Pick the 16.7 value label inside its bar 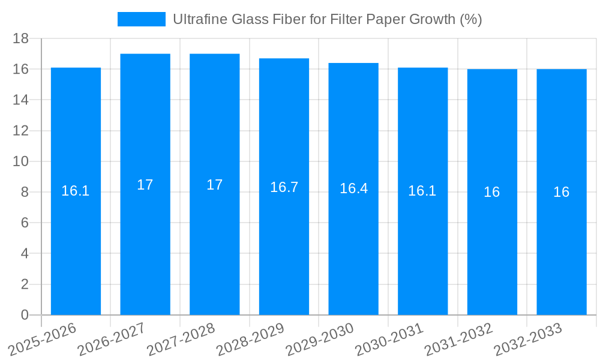pyautogui.click(x=284, y=187)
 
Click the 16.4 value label pyautogui.click(x=353, y=188)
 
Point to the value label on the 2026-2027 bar pyautogui.click(x=145, y=185)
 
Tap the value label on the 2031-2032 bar pyautogui.click(x=492, y=192)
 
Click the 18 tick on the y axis pyautogui.click(x=21, y=38)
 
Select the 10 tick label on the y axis pyautogui.click(x=21, y=161)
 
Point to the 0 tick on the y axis pyautogui.click(x=25, y=315)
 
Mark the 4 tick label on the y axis pyautogui.click(x=25, y=254)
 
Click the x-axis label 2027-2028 pyautogui.click(x=181, y=340)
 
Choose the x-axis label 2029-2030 pyautogui.click(x=319, y=340)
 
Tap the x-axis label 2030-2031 pyautogui.click(x=389, y=340)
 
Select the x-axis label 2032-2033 pyautogui.click(x=527, y=340)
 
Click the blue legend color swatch pyautogui.click(x=141, y=19)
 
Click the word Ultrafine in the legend pyautogui.click(x=195, y=19)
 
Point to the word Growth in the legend pyautogui.click(x=432, y=19)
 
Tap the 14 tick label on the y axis pyautogui.click(x=21, y=100)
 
